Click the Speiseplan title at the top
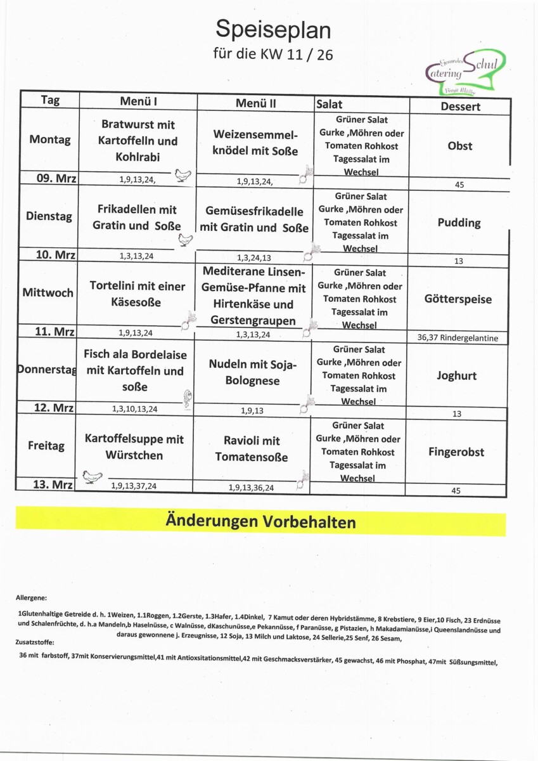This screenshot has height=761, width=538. point(273,29)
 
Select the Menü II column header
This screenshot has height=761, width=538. point(255,103)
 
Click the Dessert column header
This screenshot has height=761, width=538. point(460,107)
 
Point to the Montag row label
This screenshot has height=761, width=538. point(50,140)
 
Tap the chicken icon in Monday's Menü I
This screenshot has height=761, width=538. point(183,174)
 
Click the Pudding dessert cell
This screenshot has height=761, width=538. point(459,223)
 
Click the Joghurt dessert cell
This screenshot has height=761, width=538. point(456,375)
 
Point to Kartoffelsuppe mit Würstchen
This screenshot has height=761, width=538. point(134,447)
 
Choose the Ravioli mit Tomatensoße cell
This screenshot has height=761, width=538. point(252,449)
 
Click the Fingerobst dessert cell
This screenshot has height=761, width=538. point(456,452)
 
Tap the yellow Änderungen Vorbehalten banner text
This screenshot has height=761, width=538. point(260,522)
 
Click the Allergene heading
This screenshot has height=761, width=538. point(31,597)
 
